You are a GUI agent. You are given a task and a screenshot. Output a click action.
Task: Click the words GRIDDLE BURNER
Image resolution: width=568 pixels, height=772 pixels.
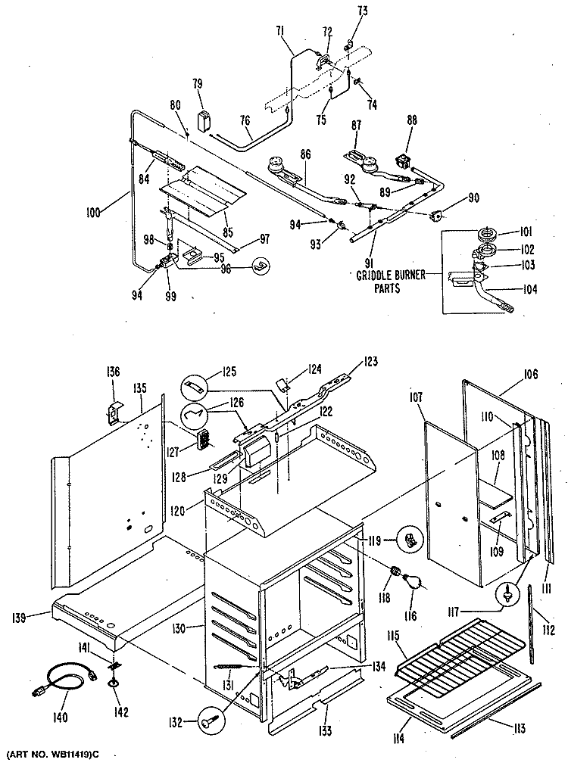(x=391, y=275)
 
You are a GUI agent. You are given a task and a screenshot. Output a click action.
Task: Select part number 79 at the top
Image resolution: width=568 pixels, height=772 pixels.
(x=198, y=84)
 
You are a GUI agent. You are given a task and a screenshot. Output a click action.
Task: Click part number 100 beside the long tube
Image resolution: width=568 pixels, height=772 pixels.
(x=92, y=212)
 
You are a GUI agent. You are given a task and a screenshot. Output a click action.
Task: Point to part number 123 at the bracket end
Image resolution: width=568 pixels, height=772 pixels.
(x=371, y=361)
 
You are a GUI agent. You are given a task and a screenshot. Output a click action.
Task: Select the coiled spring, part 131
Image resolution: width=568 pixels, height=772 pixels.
(x=228, y=667)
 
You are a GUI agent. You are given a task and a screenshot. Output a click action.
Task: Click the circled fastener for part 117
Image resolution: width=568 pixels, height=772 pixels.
(x=507, y=594)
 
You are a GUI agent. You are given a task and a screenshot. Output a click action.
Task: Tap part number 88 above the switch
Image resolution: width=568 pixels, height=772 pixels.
(x=412, y=120)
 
